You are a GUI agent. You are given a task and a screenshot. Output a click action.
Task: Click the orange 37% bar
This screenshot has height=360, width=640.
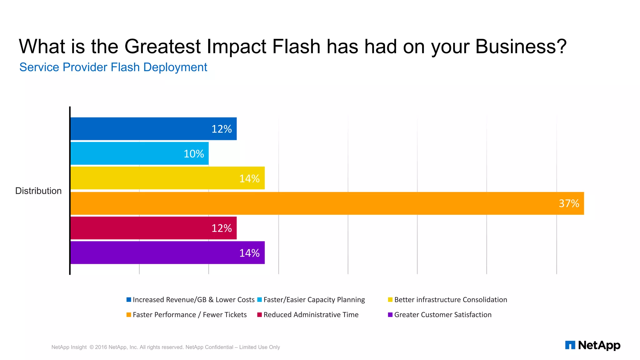click(327, 203)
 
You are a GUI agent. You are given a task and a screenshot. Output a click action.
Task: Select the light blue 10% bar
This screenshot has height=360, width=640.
click(139, 153)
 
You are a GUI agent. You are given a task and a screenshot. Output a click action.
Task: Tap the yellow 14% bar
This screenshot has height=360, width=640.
click(167, 178)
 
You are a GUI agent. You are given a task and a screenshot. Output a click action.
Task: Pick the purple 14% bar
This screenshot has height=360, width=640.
click(167, 252)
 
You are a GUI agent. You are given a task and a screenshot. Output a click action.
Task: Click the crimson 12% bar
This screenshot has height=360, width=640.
click(153, 228)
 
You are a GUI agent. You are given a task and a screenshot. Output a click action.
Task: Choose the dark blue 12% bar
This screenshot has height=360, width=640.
click(153, 129)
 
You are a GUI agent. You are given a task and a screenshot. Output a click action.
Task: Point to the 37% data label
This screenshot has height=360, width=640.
click(569, 203)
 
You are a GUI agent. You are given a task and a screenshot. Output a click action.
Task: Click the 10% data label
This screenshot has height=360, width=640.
click(194, 154)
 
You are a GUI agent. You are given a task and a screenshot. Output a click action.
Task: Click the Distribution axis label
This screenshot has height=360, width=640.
click(38, 191)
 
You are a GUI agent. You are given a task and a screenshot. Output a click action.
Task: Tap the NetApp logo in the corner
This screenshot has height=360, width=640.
click(592, 345)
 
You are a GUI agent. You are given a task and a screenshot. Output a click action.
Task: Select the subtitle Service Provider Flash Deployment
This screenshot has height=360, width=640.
click(113, 67)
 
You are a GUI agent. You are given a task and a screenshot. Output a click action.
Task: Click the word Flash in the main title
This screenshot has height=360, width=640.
click(296, 47)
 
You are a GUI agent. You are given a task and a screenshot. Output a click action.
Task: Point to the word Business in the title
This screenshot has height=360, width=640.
click(521, 47)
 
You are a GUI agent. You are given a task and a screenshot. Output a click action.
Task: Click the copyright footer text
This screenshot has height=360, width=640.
click(166, 347)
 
